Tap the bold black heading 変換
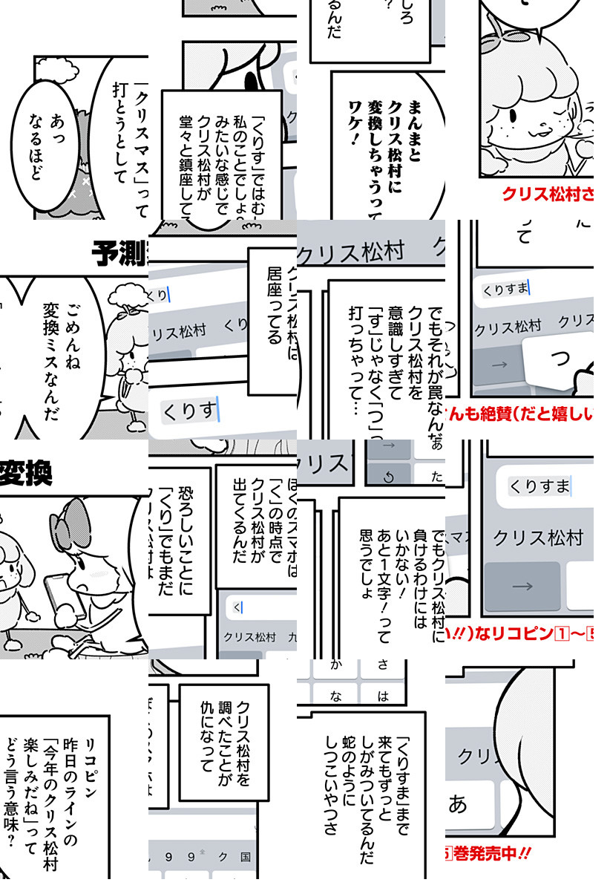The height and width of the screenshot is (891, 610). [x=26, y=473]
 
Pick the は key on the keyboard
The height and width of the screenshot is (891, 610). [x=384, y=696]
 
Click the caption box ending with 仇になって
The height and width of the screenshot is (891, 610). [x=223, y=742]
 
